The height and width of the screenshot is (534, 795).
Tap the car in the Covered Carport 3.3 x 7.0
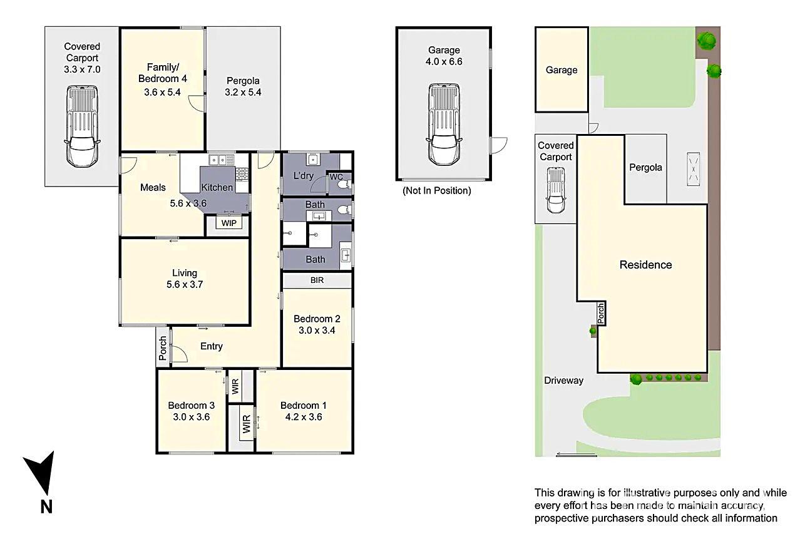coord(82,126)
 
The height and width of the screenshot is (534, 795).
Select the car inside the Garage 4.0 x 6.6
coord(444,124)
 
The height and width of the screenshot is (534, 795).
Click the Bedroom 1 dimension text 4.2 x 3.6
coord(301,417)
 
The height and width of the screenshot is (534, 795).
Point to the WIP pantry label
coord(228,223)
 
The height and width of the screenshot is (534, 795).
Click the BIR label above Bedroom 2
coord(317,280)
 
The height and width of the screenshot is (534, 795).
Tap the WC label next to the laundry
coord(336,177)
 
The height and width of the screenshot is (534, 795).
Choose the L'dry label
coord(303,176)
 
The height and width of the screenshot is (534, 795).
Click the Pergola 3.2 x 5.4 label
coord(243,86)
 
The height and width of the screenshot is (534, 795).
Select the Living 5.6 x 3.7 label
coord(185,278)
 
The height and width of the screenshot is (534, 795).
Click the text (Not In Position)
coord(436,190)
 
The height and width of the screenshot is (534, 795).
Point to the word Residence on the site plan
coord(645,265)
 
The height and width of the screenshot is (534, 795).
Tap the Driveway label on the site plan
coord(563,380)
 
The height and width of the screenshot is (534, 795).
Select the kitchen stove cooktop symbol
coord(242,173)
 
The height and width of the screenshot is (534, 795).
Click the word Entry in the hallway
coord(212,346)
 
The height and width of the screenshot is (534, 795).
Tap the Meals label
coord(153,187)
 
